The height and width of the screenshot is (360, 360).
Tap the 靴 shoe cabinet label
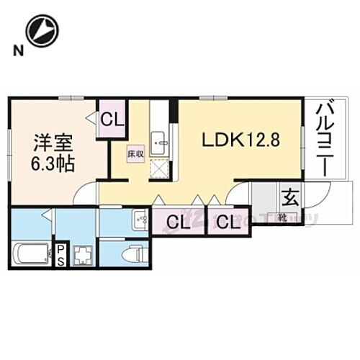click(284, 214)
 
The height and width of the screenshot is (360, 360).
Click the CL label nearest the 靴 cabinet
click(227, 222)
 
